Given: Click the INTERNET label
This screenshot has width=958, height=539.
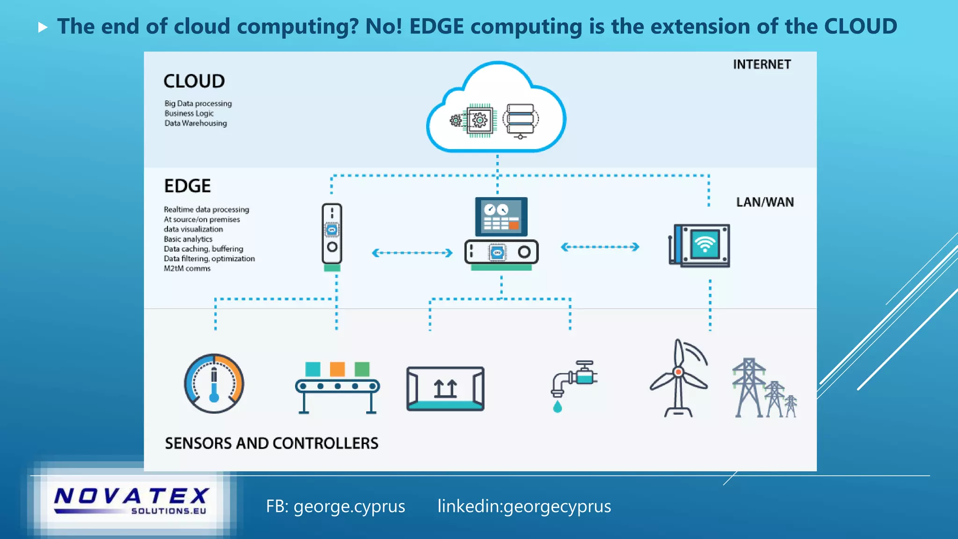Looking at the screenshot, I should [762, 64].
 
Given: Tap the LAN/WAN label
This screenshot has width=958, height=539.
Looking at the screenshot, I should [765, 202].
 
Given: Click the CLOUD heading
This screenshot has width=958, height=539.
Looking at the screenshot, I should [194, 81].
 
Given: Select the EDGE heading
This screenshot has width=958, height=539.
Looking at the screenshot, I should [187, 186].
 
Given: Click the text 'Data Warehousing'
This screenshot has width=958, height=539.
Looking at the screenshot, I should [196, 123].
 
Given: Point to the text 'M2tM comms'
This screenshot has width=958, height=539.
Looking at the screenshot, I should [187, 269].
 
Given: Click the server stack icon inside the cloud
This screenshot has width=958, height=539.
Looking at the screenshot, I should [521, 120].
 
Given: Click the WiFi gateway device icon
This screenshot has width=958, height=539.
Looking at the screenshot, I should [700, 245].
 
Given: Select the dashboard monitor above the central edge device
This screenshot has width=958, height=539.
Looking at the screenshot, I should [501, 217].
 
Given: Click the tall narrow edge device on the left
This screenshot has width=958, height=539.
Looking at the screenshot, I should [332, 234].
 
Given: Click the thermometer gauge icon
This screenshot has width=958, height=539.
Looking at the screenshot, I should [214, 384].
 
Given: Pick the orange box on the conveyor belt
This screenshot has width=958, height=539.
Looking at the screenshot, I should [337, 369].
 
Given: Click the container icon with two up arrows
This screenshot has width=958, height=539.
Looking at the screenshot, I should [445, 388].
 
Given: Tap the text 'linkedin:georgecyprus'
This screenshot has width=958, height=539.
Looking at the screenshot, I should [524, 506].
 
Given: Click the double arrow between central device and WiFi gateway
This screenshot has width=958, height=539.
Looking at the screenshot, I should [600, 247].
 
